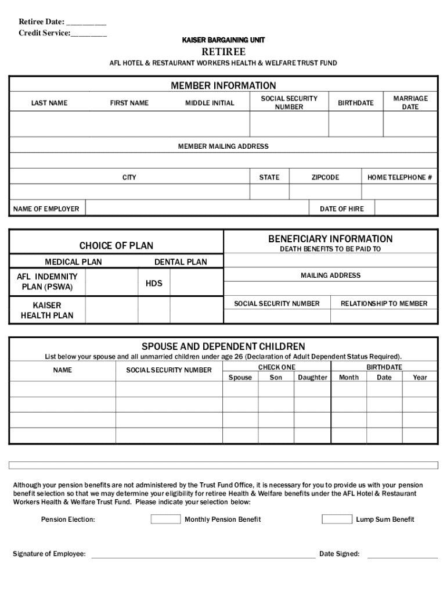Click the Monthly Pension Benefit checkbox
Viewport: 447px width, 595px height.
click(x=165, y=519)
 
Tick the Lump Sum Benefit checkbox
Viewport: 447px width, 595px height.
click(x=337, y=519)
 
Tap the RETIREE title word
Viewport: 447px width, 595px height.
click(x=223, y=52)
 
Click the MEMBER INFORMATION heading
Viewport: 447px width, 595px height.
click(x=223, y=86)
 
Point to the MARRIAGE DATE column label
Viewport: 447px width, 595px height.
click(x=410, y=103)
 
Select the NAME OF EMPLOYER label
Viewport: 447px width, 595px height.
click(x=46, y=209)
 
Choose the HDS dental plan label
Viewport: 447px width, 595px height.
click(x=154, y=284)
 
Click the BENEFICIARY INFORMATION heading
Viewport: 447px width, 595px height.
click(x=330, y=239)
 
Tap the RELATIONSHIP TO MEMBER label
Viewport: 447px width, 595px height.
click(x=384, y=303)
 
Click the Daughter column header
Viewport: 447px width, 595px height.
click(x=313, y=377)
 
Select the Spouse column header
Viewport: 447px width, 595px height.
click(x=240, y=377)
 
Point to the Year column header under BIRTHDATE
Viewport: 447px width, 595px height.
click(x=420, y=377)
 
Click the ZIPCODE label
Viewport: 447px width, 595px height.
click(x=325, y=177)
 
